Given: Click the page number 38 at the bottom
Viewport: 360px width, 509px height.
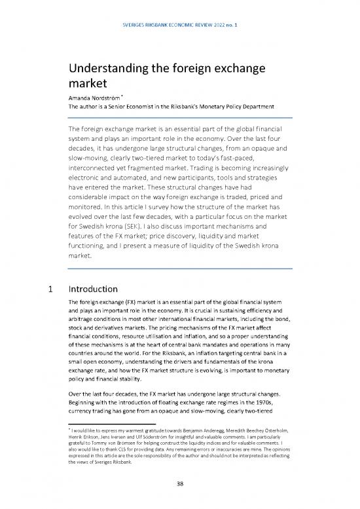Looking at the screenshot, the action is (180, 485).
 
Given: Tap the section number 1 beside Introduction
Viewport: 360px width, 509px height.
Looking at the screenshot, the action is (43, 288).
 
